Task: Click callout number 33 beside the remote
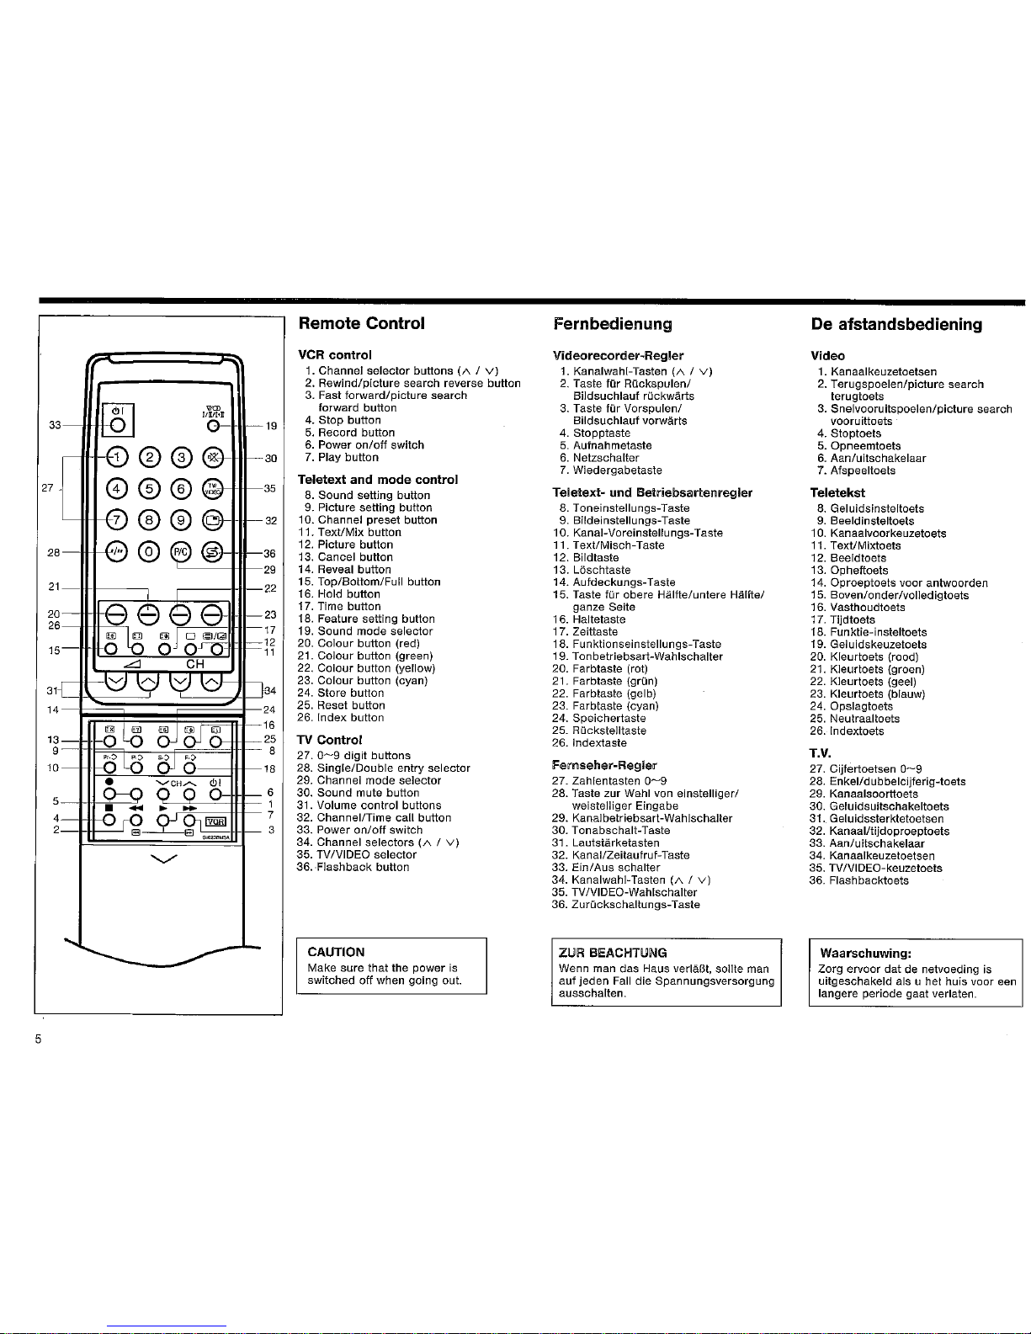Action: [x=55, y=426]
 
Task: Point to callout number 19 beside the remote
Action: [x=271, y=427]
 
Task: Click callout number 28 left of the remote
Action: [x=54, y=553]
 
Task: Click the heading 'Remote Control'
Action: [x=362, y=323]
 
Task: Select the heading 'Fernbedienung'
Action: [x=613, y=324]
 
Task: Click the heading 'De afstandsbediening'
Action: [x=896, y=325]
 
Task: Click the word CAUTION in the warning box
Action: [x=336, y=952]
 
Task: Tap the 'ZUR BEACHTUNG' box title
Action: [x=613, y=953]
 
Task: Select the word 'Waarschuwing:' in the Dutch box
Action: [x=865, y=954]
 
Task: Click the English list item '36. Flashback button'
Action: [x=353, y=867]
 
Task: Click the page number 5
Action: [x=38, y=1039]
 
